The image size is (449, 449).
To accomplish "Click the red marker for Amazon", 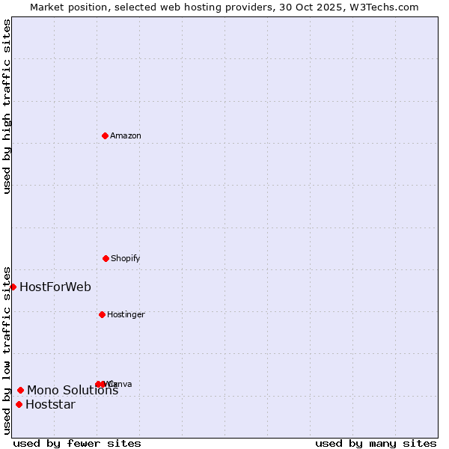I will (x=105, y=135).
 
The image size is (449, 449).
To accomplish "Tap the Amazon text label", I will (x=126, y=135).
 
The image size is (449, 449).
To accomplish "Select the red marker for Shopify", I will (x=106, y=258).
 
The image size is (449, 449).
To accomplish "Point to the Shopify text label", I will (x=126, y=258).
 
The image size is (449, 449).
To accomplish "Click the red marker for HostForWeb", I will (x=13, y=287).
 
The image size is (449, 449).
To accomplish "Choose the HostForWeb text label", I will (x=55, y=287).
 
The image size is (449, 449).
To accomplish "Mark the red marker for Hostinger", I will (x=102, y=314).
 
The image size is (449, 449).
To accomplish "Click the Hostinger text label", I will (x=126, y=314).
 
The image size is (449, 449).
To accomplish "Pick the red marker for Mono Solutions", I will (x=20, y=390).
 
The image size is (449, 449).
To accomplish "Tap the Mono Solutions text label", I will (x=73, y=390).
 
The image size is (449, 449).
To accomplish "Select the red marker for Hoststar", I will (x=19, y=405).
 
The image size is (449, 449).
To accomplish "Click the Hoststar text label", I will (x=50, y=405).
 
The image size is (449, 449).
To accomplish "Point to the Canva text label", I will (x=122, y=384).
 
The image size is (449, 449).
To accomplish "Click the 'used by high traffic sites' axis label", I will (x=7, y=106).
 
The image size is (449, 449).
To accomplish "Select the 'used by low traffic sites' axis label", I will (x=7, y=349).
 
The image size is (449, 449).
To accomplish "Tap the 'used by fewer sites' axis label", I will (x=77, y=443).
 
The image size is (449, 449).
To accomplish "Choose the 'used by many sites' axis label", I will (x=376, y=443).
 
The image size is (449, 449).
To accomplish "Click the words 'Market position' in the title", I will (x=67, y=7).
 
